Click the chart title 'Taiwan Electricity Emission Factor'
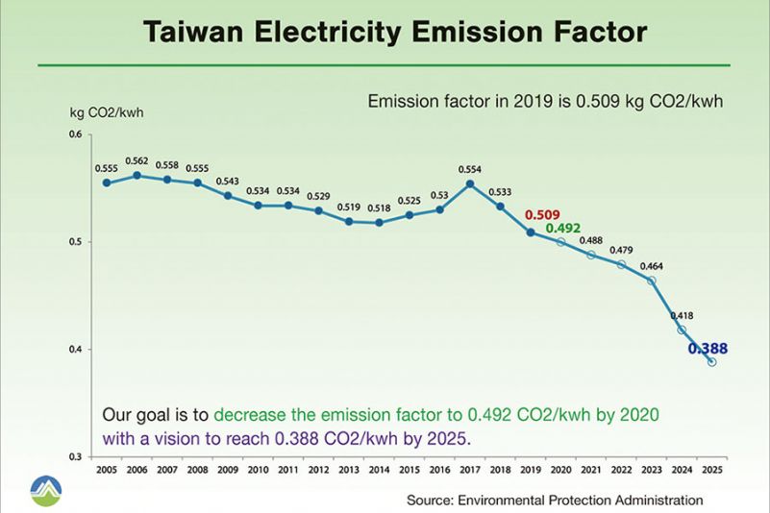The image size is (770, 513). coord(395,32)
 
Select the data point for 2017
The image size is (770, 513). coord(470,183)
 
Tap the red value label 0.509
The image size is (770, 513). coord(542,215)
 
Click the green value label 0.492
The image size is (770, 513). coord(563,229)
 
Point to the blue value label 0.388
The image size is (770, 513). coord(708,349)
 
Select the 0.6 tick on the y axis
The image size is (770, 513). coord(77,134)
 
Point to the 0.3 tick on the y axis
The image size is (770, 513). coord(77,456)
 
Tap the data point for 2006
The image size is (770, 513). coord(137,176)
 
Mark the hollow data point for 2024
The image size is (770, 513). coord(682,330)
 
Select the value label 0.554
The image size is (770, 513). coord(470,169)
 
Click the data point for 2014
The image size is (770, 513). coord(379,223)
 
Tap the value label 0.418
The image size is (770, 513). coord(682,315)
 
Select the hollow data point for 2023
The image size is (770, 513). coord(652,281)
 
